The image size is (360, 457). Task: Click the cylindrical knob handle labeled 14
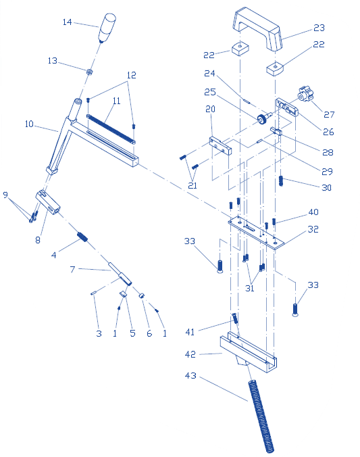tap(107, 28)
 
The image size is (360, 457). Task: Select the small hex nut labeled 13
tap(89, 71)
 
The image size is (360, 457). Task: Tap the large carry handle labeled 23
tap(257, 29)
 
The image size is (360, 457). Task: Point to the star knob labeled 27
tap(305, 94)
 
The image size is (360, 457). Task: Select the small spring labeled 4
tap(82, 237)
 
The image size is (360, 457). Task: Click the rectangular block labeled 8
tap(48, 202)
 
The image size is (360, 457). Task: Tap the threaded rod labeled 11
tap(111, 129)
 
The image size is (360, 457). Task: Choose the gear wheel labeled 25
tap(263, 118)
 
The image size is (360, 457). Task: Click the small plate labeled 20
tap(220, 146)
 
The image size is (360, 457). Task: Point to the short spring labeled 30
tap(281, 181)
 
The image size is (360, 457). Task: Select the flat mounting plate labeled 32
tap(256, 233)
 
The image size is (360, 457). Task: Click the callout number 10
tap(29, 124)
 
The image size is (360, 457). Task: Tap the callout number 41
tap(190, 332)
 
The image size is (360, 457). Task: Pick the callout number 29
tap(327, 172)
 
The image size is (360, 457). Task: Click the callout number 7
tap(72, 269)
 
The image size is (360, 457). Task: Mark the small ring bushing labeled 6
tap(141, 295)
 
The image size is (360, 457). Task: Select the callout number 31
tap(250, 288)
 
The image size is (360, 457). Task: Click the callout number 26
tap(328, 132)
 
